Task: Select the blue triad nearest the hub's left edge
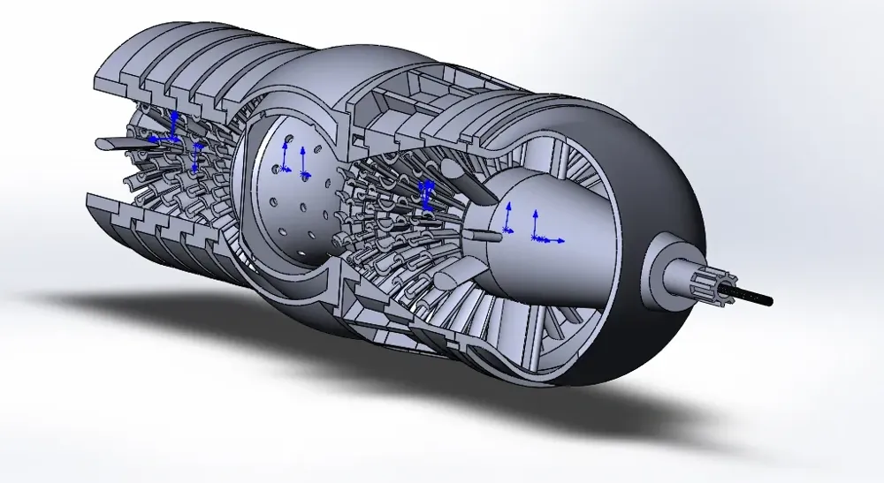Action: click(x=508, y=221)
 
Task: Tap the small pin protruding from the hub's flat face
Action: click(x=487, y=235)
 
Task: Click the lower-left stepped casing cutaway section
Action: click(x=150, y=225)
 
